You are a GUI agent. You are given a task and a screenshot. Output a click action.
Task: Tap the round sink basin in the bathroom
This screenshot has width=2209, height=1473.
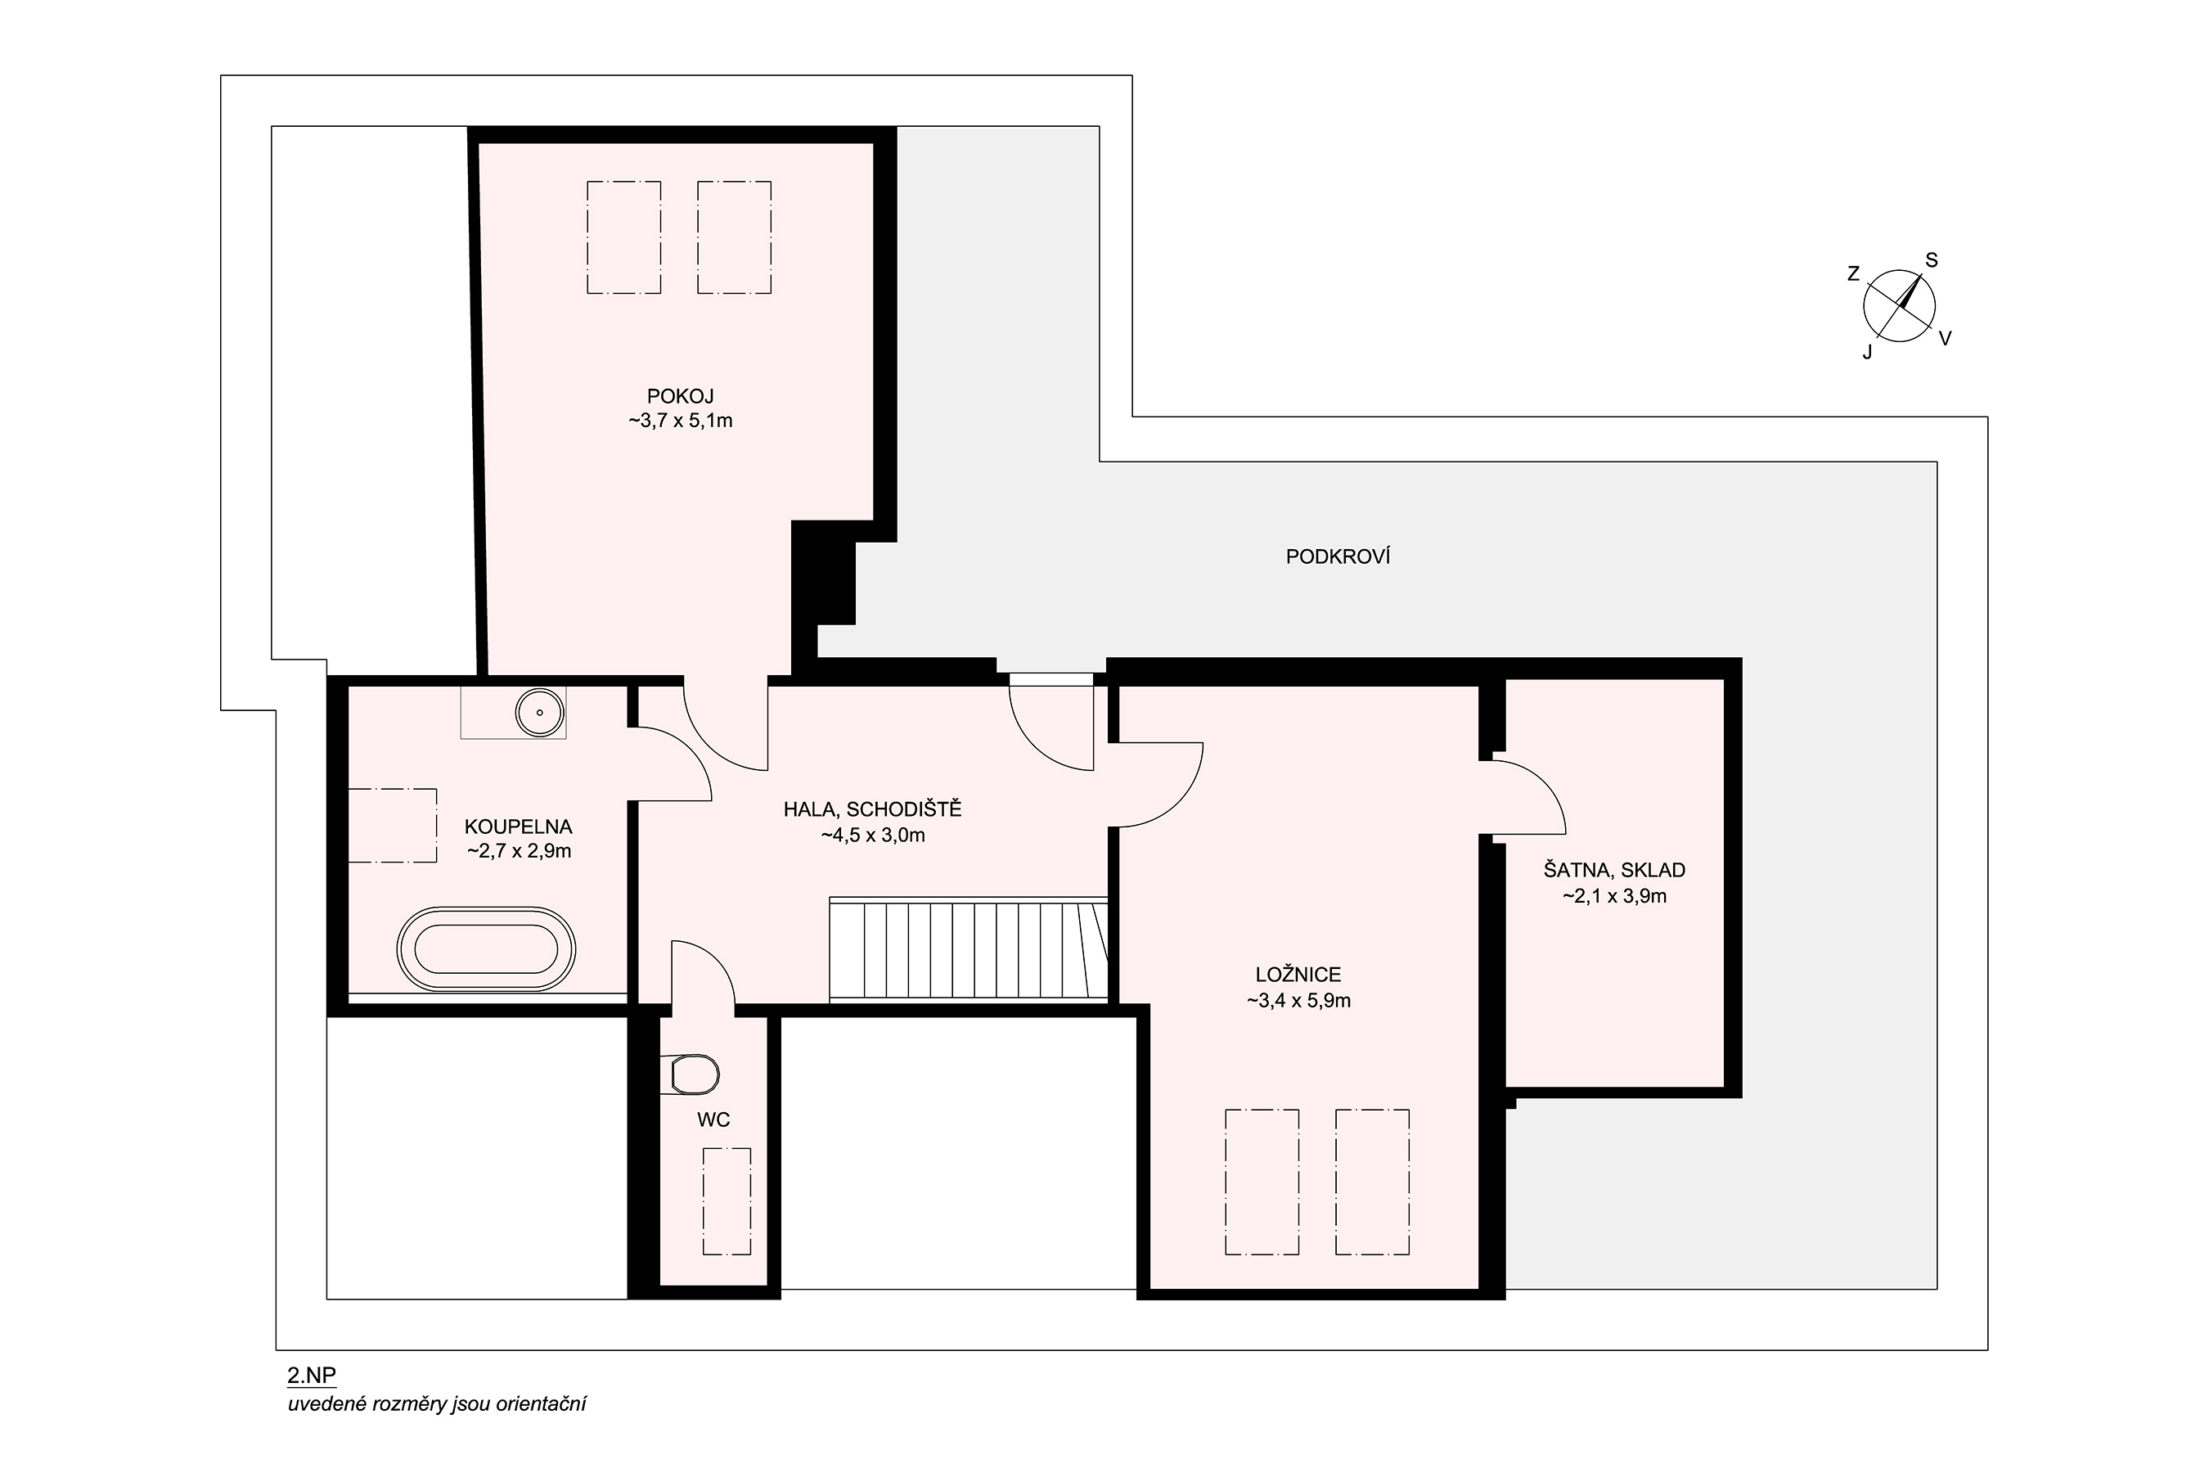[x=540, y=712]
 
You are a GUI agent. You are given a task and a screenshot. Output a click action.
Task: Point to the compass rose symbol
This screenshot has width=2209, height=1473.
[x=1899, y=305]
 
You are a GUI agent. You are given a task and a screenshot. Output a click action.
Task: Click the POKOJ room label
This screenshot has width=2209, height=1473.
[x=680, y=396]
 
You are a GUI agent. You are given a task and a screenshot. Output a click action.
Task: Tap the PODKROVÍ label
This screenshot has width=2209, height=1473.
[x=1338, y=556]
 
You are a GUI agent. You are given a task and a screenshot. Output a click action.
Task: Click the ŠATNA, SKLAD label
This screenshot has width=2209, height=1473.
[x=1614, y=870]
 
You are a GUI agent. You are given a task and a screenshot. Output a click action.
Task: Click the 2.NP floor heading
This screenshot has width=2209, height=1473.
[x=312, y=1376]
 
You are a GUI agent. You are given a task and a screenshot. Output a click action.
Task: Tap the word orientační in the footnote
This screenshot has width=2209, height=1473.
[x=541, y=1404]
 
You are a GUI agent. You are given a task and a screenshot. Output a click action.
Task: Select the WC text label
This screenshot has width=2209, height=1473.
[x=713, y=1119]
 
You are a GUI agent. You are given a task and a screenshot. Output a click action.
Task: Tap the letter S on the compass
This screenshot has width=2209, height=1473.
[x=1932, y=260]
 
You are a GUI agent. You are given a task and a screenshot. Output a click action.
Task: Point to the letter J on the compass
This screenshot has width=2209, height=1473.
[x=1867, y=352]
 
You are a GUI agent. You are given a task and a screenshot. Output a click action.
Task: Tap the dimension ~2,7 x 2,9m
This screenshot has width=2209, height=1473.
[x=520, y=851]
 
